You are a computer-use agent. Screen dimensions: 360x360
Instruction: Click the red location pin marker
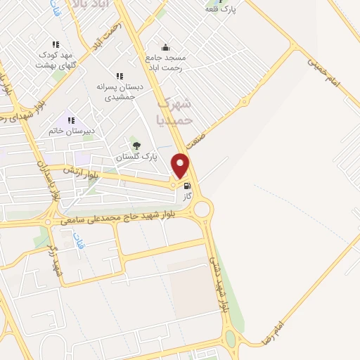[x=181, y=165]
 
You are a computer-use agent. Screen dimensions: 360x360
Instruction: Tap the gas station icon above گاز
[x=187, y=186]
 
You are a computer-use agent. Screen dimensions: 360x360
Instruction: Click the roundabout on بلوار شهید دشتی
[x=203, y=209]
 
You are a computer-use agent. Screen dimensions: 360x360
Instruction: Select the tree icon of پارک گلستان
[x=136, y=146]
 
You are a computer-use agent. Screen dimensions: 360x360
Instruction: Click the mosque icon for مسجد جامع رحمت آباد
[x=165, y=47]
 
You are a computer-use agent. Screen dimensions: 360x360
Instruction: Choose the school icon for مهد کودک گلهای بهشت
[x=56, y=44]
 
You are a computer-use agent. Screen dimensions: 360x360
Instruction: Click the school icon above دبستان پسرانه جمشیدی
[x=120, y=76]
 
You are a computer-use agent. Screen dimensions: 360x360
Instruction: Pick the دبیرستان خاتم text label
[x=72, y=130]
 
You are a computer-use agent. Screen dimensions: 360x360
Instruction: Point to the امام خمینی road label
[x=324, y=72]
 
